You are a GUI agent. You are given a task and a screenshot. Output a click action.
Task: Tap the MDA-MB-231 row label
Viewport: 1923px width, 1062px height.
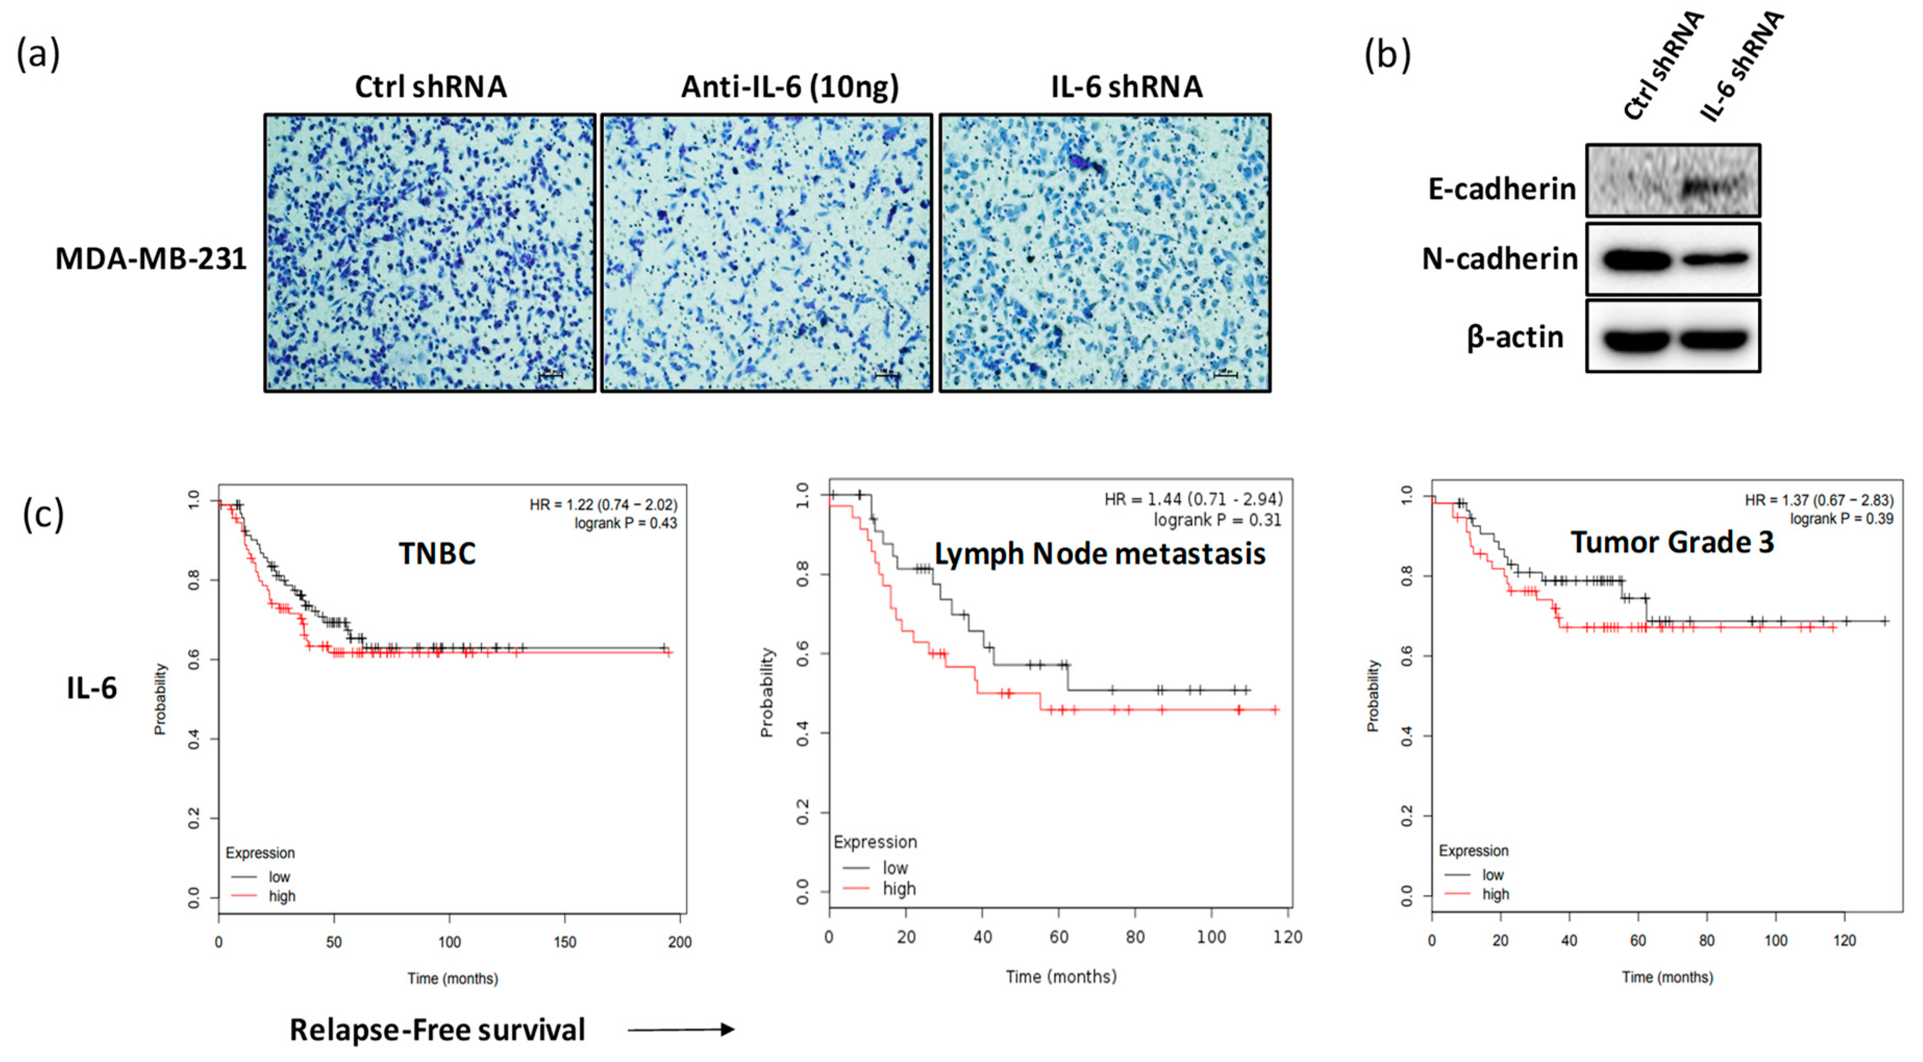(151, 258)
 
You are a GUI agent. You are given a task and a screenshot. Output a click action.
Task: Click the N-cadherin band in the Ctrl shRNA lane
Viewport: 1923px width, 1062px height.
(1637, 260)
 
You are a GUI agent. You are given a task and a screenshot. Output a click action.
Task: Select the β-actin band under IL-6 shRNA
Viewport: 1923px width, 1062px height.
(1714, 339)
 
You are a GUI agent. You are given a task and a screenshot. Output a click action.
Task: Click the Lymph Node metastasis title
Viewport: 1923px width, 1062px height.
(1100, 553)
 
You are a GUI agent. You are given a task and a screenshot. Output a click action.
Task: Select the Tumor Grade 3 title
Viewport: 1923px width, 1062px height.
(1671, 542)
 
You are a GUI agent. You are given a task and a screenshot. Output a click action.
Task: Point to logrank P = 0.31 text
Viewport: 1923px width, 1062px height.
(1217, 519)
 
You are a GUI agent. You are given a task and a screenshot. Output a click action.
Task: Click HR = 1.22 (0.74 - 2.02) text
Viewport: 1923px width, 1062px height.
(603, 505)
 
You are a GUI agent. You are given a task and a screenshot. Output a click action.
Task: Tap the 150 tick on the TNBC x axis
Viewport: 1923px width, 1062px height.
(565, 942)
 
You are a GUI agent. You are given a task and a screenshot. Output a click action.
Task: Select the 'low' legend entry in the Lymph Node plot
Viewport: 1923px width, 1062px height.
(894, 868)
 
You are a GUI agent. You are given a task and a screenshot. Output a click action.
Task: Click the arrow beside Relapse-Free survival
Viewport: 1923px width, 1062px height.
(681, 1030)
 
